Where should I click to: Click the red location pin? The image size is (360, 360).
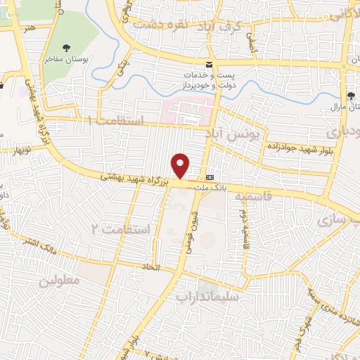point(181,165)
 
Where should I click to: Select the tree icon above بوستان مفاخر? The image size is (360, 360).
point(67,48)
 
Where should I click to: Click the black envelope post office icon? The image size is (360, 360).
point(209,65)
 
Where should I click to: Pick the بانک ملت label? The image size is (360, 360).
point(221,188)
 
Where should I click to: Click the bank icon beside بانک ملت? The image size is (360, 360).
point(210,177)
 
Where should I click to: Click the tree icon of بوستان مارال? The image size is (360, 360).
point(351,95)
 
